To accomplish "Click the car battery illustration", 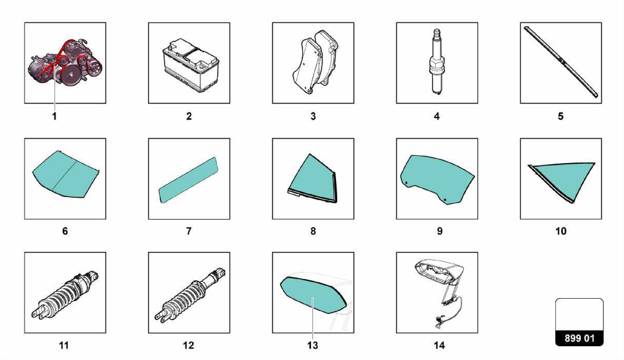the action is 190,65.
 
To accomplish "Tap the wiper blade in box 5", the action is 561,62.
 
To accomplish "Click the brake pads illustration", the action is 315,62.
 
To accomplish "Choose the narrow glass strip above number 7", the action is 189,180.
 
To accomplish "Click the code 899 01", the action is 579,338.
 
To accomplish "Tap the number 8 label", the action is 313,231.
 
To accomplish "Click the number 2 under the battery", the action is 189,116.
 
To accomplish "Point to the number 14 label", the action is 439,345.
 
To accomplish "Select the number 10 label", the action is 561,231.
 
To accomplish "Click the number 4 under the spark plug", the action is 437,116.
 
